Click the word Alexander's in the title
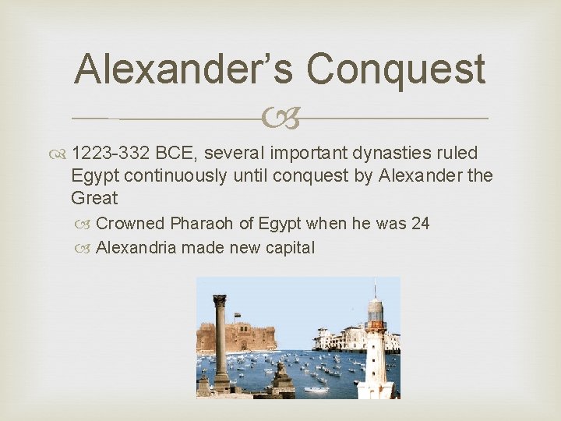click(183, 69)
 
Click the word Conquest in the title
click(396, 69)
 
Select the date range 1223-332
click(113, 154)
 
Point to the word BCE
click(178, 154)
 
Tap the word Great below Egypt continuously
click(94, 198)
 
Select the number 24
click(420, 224)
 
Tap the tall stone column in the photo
click(221, 343)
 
